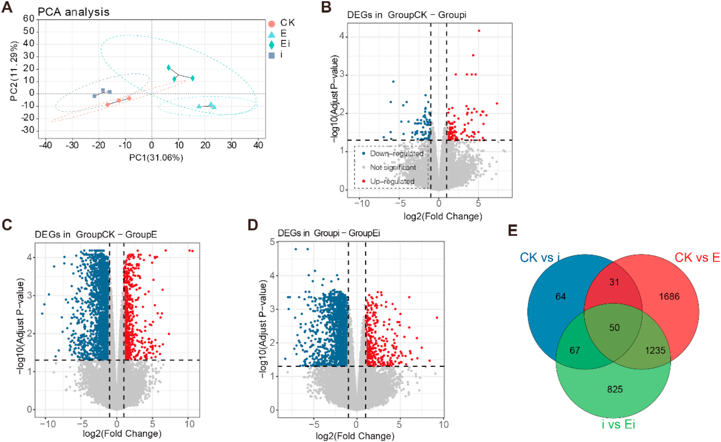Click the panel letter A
point(7,7)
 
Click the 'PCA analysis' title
point(74,12)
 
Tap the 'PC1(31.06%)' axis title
point(156,158)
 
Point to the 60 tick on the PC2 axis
point(29,19)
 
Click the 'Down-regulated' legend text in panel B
point(397,154)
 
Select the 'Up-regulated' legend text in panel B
point(392,181)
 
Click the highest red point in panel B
point(479,31)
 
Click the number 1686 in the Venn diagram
point(669,297)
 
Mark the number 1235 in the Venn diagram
point(655,350)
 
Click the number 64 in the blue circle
point(560,297)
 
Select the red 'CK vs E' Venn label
point(697,258)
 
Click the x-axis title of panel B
point(443,216)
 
